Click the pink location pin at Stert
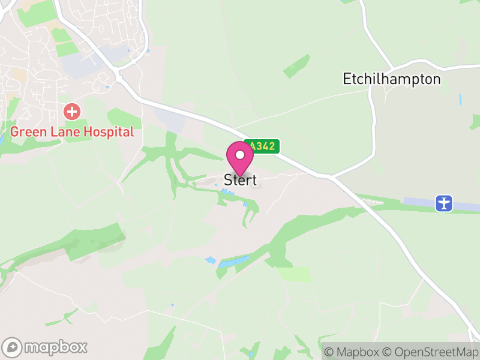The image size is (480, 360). tap(240, 157)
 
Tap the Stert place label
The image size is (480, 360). tap(240, 179)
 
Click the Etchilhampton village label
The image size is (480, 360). tap(391, 79)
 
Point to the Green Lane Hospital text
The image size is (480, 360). tap(72, 132)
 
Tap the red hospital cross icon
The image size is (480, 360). tap(72, 111)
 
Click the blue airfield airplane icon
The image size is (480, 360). tap(444, 203)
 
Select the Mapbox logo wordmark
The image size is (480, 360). tap(55, 347)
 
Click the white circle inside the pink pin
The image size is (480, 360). tap(240, 155)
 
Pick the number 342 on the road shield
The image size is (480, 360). tap(266, 146)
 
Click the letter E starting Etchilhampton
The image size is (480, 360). tap(347, 79)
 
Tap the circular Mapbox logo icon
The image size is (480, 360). tap(12, 347)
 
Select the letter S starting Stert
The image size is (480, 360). tap(228, 179)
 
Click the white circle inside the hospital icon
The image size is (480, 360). tap(72, 111)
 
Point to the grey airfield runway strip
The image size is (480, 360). tap(420, 203)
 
